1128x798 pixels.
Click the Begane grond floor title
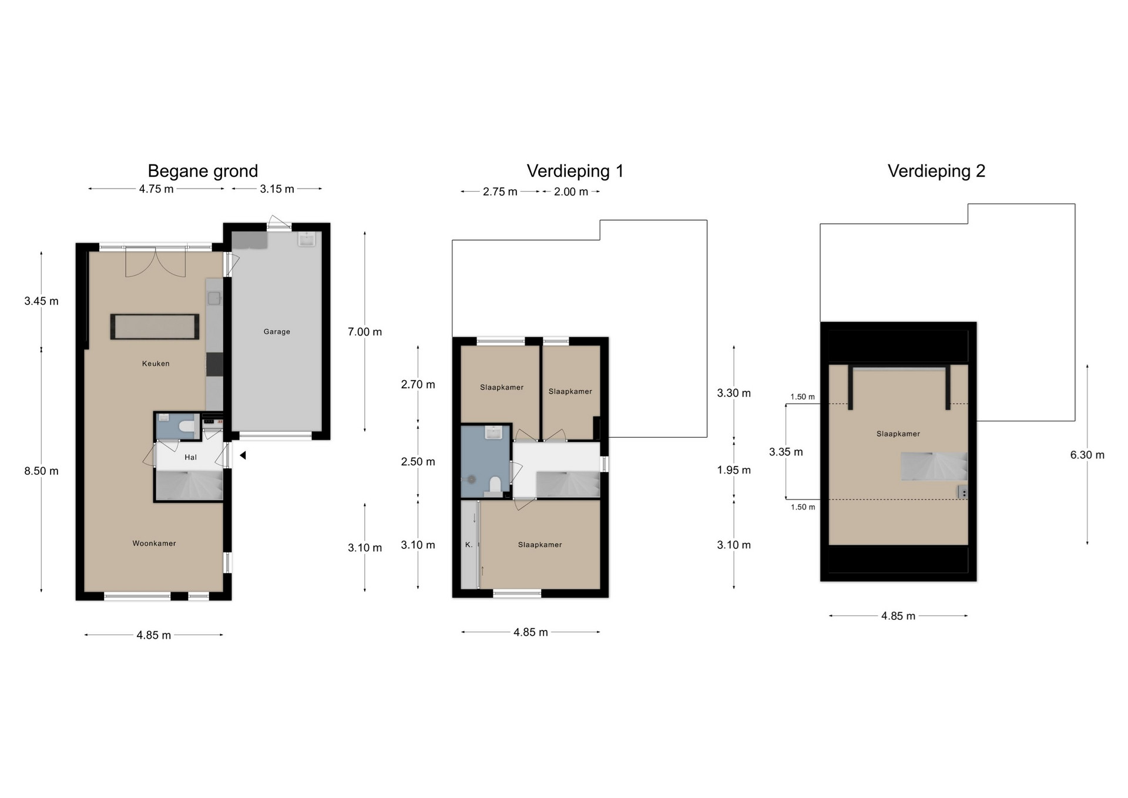[x=203, y=171]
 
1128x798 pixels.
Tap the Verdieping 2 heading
[x=936, y=171]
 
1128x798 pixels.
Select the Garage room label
[x=277, y=331]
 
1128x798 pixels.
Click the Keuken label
[x=156, y=364]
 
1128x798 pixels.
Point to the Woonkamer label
[x=154, y=544]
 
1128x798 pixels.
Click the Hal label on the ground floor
[x=190, y=457]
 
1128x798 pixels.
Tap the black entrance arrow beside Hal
[x=243, y=455]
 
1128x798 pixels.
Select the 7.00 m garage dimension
[x=365, y=332]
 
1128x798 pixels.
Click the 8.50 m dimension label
[x=41, y=471]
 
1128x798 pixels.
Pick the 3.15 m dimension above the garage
[x=277, y=189]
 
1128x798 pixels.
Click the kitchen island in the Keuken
[x=155, y=327]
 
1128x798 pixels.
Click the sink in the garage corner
[x=307, y=239]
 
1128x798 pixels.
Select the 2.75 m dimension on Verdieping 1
[x=500, y=192]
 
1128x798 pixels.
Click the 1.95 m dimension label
[x=734, y=470]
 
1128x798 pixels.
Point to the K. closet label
[x=469, y=545]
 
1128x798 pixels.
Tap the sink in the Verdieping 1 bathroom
[x=493, y=433]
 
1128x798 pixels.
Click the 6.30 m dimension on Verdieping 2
[x=1087, y=455]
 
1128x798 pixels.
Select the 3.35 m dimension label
[x=786, y=452]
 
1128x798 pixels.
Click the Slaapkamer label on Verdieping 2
[x=898, y=434]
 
